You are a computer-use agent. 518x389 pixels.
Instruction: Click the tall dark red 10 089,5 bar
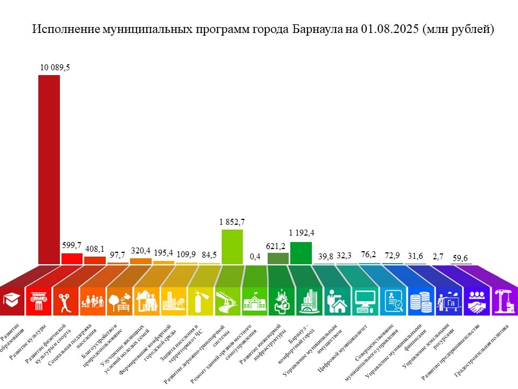[49, 170]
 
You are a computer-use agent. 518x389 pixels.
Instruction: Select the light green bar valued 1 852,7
[232, 247]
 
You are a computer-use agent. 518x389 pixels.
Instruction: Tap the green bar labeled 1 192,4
[301, 253]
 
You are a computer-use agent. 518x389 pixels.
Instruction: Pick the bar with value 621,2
[278, 258]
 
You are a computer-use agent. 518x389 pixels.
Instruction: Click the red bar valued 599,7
[72, 258]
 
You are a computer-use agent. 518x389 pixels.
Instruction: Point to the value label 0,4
[255, 256]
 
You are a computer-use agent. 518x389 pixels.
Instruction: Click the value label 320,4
[141, 251]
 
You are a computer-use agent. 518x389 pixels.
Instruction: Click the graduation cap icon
[11, 299]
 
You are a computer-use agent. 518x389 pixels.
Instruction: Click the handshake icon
[476, 300]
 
